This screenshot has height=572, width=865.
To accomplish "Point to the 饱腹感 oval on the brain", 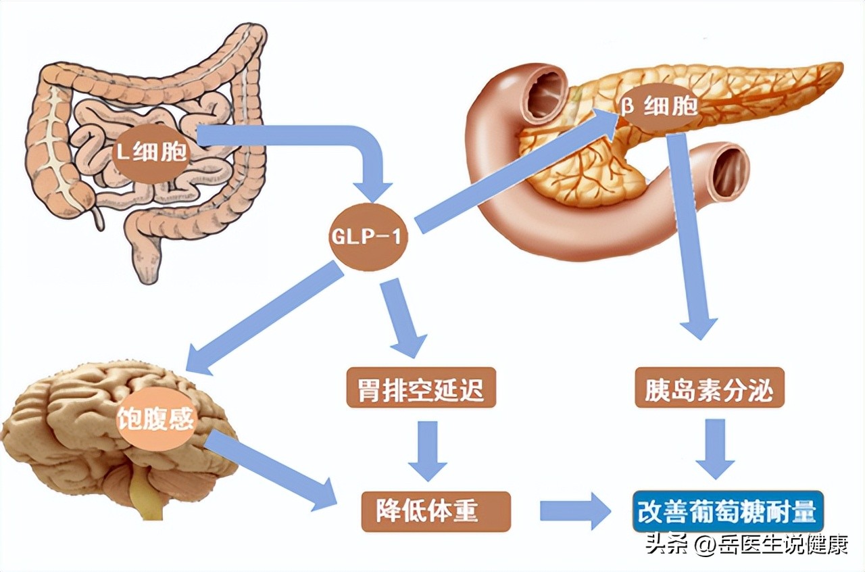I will [x=156, y=420].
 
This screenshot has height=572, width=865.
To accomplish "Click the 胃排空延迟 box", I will [x=420, y=388].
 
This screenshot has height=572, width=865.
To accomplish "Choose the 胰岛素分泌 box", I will [x=709, y=388].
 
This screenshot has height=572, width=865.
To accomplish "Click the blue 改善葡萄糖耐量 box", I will [x=728, y=511].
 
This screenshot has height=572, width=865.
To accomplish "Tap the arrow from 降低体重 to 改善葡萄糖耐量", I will [x=574, y=510].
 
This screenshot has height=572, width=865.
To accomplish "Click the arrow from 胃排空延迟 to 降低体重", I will [x=427, y=450].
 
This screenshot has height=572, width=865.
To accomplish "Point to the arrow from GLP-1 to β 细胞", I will [x=514, y=176].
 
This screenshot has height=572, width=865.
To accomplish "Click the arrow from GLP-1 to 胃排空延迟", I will [x=404, y=314].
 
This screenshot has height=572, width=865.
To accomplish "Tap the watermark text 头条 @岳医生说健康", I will [x=746, y=545].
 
